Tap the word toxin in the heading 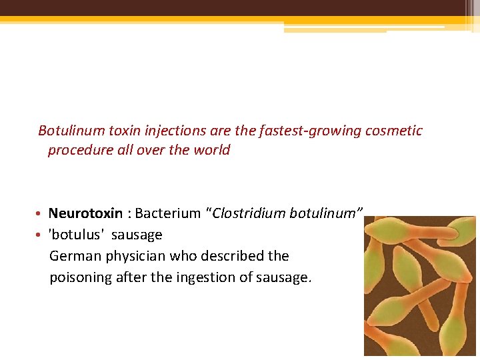tap(117, 131)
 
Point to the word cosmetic tap(393, 131)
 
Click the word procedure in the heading tap(77, 150)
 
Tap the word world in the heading tap(210, 150)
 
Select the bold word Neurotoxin tap(85, 213)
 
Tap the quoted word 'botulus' tap(77, 235)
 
